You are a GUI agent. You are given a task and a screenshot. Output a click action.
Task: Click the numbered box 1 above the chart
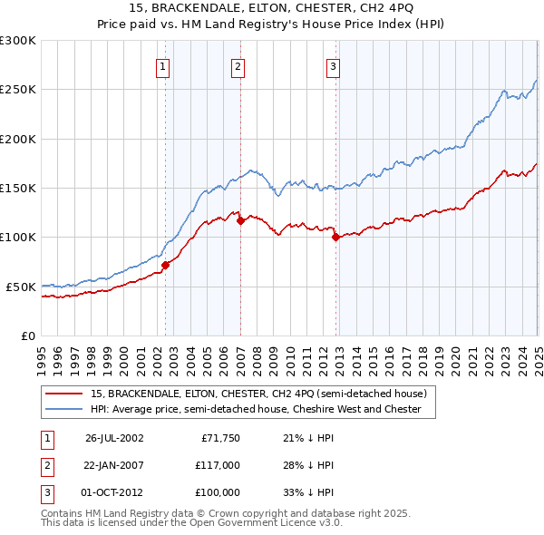point(162,65)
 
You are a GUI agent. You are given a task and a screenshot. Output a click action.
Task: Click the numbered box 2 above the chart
point(238,65)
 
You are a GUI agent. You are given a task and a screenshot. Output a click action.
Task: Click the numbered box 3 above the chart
point(333,65)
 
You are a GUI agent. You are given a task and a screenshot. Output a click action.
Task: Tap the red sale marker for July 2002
point(166,265)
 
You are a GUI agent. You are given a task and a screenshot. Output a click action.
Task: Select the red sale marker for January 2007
point(240,220)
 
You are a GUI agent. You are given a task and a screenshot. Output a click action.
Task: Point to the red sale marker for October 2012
point(335,238)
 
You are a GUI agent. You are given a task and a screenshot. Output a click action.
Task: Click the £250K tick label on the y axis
point(18,90)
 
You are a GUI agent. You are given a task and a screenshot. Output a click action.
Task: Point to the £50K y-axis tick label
point(22,287)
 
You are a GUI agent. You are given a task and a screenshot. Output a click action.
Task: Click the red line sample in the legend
point(64,394)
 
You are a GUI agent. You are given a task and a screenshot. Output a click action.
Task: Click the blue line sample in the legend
point(64,409)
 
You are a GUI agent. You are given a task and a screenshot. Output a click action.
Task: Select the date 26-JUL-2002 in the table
point(114,438)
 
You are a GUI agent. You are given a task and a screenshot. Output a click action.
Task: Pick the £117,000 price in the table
point(218,465)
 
